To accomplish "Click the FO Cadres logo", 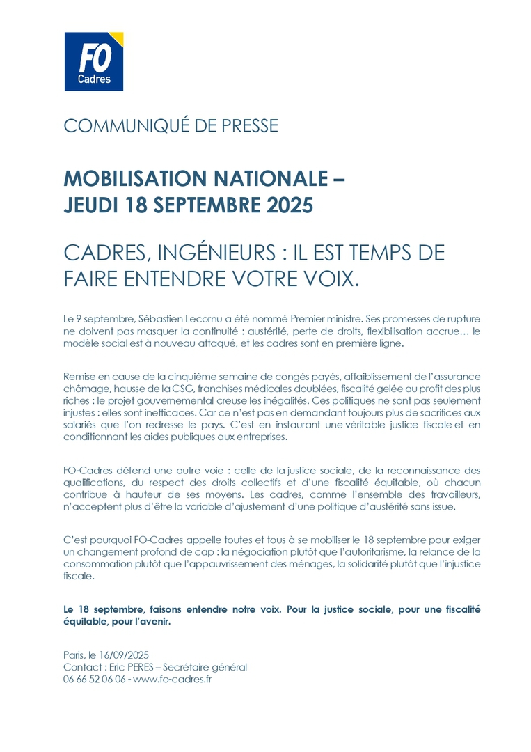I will click(93, 61).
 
